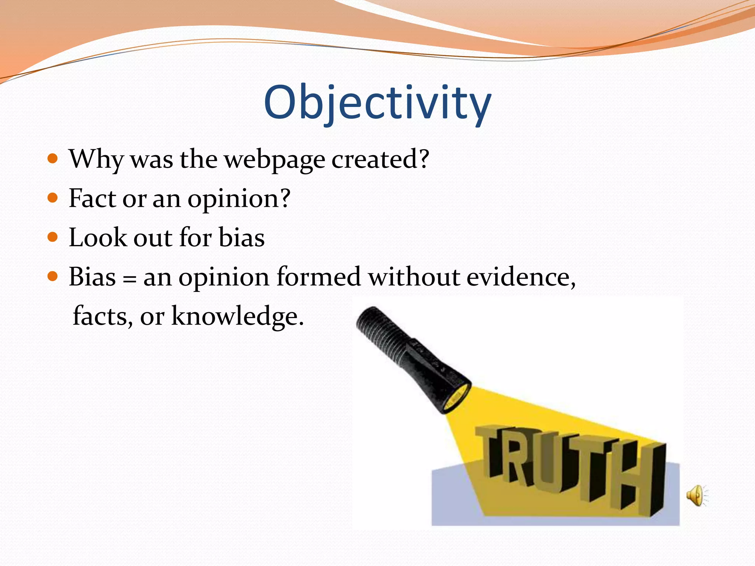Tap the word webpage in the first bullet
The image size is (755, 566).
coord(275,160)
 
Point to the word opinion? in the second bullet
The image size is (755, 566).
coord(239,199)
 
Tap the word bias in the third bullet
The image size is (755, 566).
coord(241,237)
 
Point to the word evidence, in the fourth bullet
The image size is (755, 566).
coord(521,277)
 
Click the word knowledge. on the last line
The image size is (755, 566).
coord(238,316)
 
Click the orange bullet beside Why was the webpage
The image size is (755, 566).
coord(53,159)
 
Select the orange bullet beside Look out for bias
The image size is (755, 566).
coord(53,237)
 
